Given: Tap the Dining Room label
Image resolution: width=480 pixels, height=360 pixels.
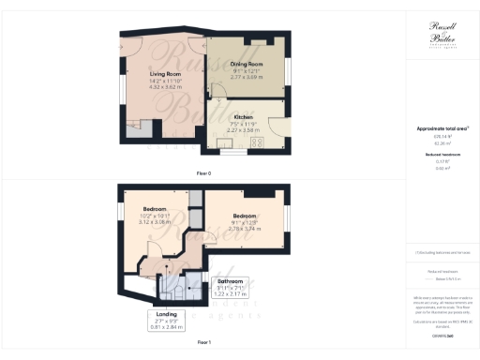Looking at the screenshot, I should (247, 64).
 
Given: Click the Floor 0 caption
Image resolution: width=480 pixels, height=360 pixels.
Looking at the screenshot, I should (203, 173).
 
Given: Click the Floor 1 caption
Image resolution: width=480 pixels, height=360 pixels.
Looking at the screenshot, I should (203, 344).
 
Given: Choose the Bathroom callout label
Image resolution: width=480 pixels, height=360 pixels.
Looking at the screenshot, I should (231, 281).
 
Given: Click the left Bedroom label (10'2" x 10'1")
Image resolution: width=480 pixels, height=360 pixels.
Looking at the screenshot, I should (154, 208).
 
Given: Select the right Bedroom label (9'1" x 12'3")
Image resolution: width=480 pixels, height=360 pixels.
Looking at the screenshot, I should (245, 216).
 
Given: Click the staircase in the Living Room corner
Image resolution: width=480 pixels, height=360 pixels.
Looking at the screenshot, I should (137, 132).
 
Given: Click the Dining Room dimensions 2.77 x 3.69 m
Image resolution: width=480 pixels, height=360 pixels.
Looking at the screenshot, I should (247, 80).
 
